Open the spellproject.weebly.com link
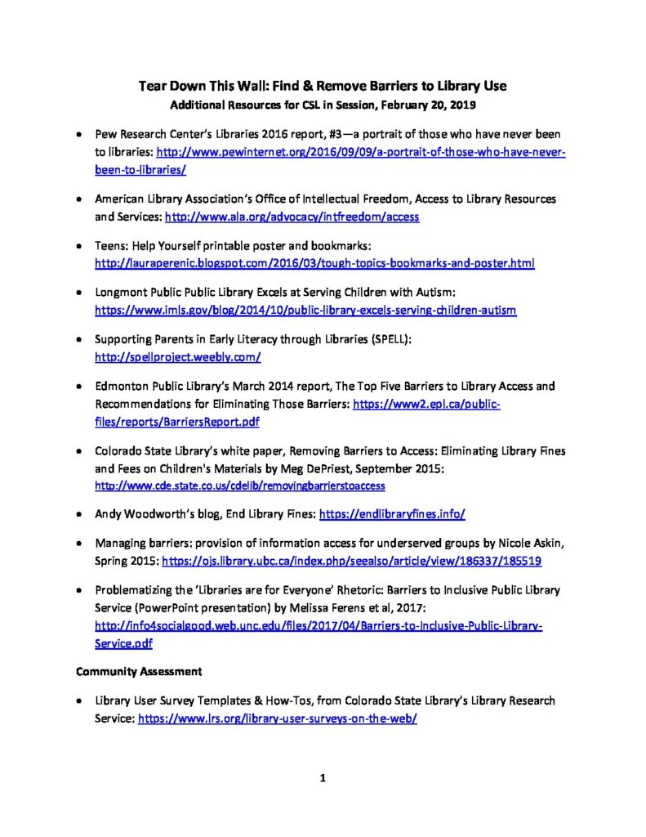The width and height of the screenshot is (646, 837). pyautogui.click(x=177, y=357)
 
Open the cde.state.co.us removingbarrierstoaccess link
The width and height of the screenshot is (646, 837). pyautogui.click(x=240, y=486)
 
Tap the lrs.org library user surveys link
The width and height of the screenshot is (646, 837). pyautogui.click(x=278, y=720)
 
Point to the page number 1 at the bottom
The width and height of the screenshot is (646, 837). pyautogui.click(x=323, y=778)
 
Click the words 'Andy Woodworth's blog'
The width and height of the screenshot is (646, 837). pyautogui.click(x=154, y=514)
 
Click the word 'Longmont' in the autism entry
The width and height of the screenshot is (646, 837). pyautogui.click(x=120, y=292)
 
